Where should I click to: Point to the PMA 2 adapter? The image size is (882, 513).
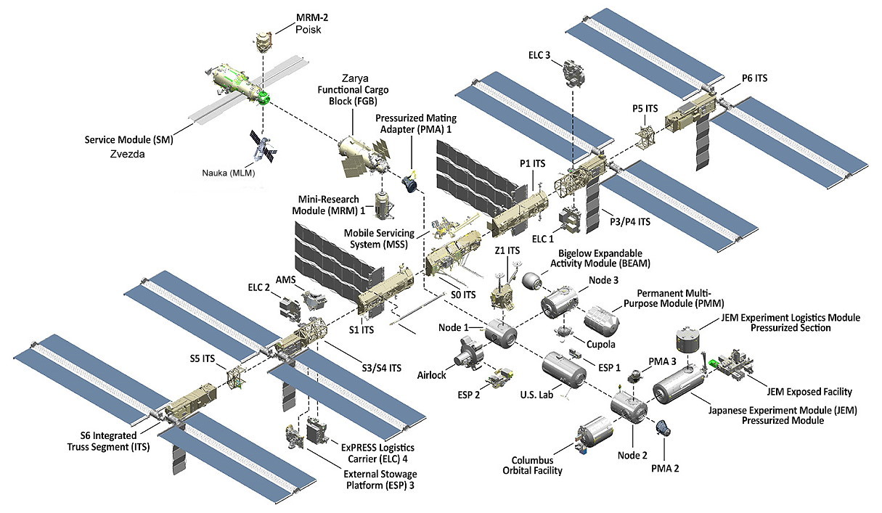point(663,427)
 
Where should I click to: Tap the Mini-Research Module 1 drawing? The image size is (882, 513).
point(383,205)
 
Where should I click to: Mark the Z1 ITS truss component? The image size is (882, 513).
point(502,293)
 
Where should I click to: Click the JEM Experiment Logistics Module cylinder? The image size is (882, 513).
point(690,340)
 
